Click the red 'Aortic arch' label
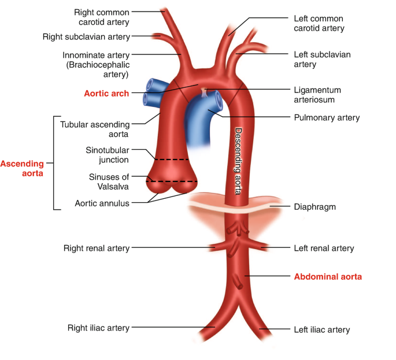[x=106, y=93]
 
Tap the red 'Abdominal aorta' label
[x=328, y=277]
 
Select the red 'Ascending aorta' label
[x=21, y=168]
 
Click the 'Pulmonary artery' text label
[x=327, y=118]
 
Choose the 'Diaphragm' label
[x=314, y=206]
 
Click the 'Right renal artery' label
[x=97, y=248]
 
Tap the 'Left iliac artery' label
[x=322, y=330]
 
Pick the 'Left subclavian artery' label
[x=322, y=60]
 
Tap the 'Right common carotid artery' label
[x=102, y=17]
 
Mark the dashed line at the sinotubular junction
[x=172, y=159]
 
